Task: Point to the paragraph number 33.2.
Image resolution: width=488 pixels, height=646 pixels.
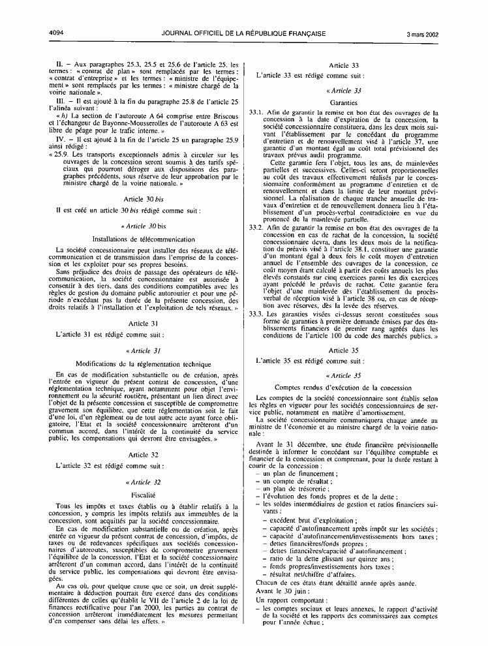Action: [256, 228]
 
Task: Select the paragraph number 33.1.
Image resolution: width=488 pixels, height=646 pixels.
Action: [256, 113]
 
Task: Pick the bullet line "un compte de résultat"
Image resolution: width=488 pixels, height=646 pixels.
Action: [290, 480]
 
